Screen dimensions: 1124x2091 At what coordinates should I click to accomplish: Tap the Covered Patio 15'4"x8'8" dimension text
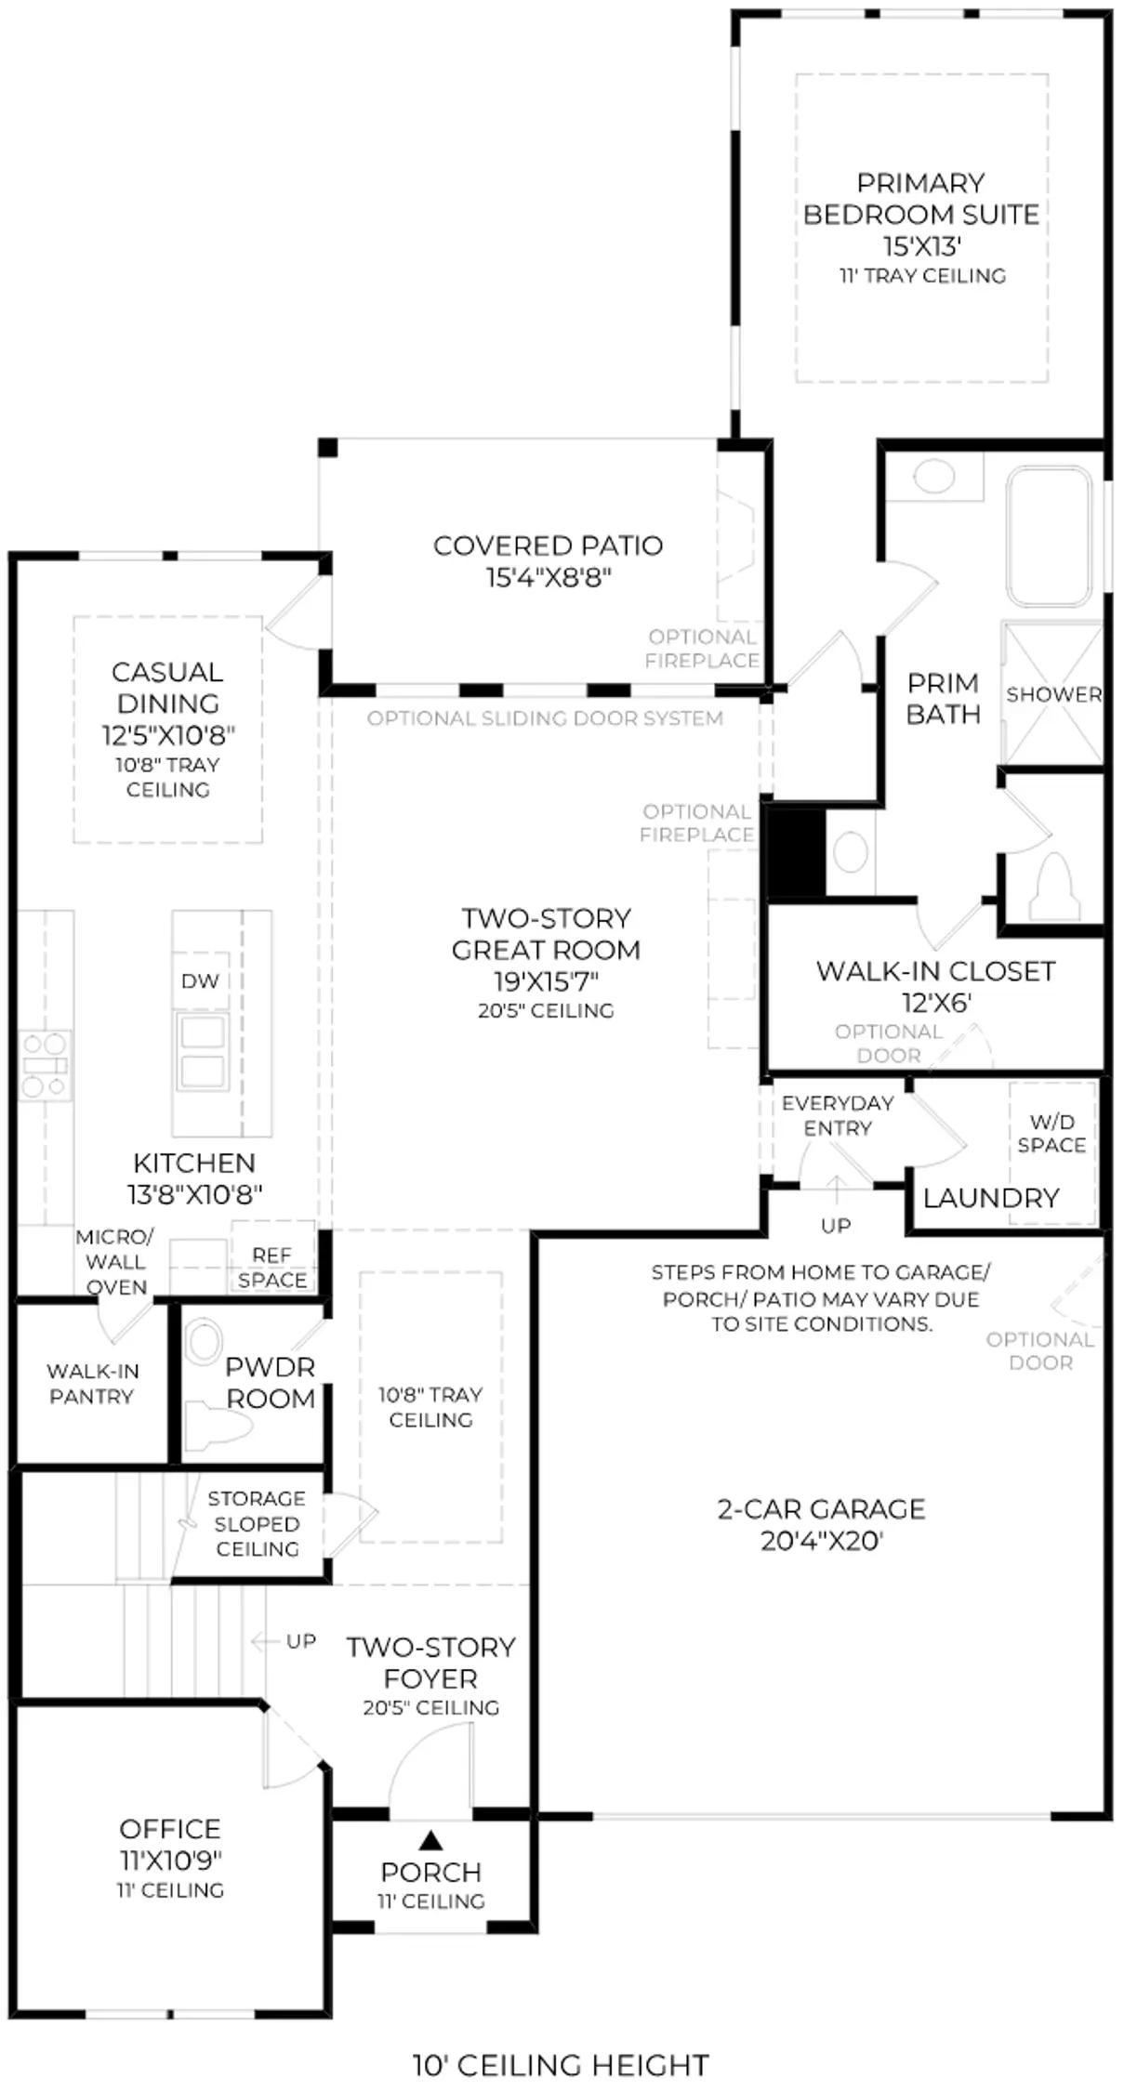[x=548, y=578]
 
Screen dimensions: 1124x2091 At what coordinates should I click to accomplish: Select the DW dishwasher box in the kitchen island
[x=200, y=980]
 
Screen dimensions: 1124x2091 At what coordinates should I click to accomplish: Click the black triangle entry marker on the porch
[x=430, y=1839]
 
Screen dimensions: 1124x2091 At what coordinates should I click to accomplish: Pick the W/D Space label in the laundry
[x=1051, y=1134]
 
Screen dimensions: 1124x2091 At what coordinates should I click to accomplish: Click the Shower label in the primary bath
[x=1053, y=694]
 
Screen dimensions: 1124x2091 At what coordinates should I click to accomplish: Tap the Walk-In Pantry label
[x=91, y=1383]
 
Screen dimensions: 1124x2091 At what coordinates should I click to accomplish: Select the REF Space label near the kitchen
[x=271, y=1268]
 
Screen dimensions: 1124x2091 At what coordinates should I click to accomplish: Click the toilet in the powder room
[x=217, y=1426]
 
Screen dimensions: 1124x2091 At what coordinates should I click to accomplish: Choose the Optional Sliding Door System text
[x=545, y=718]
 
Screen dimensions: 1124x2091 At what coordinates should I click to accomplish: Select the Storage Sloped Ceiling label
[x=256, y=1524]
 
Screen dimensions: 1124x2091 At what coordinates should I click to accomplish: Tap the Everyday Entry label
[x=838, y=1115]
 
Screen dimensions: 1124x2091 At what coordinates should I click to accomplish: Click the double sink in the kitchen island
[x=202, y=1051]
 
